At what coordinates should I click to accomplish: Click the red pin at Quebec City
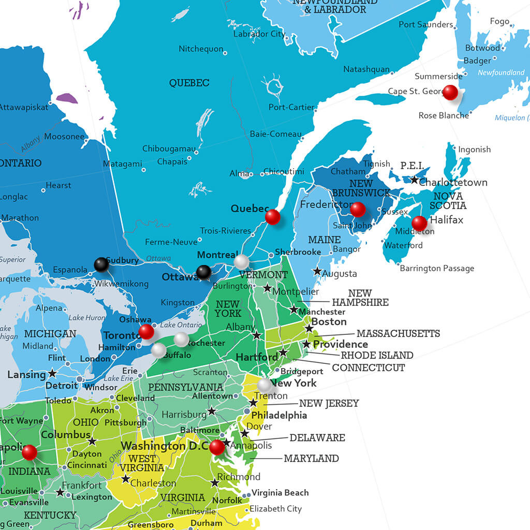272,217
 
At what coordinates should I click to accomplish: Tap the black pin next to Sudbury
101,265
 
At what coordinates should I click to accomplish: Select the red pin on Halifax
419,223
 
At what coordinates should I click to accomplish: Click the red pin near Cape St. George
450,92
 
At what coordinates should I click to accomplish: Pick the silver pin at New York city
264,385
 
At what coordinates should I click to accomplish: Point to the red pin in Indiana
30,452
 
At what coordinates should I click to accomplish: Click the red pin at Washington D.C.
217,447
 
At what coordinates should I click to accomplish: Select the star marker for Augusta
317,271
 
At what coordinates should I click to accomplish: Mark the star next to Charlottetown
414,180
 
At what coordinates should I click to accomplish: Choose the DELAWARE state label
317,438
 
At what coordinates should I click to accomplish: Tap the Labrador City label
259,34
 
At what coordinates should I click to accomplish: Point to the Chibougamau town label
169,149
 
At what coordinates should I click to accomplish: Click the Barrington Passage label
437,268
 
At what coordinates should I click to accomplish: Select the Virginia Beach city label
280,493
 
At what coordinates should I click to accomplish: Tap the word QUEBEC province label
189,83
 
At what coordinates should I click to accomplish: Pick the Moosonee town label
64,137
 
